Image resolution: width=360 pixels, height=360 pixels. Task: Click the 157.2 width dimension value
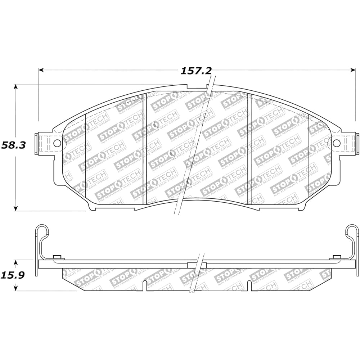[196, 71]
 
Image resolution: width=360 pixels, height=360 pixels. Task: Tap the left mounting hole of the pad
[57, 143]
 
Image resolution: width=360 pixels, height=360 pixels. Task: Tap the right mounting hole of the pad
[337, 143]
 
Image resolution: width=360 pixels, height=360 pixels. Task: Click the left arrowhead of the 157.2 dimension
[41, 70]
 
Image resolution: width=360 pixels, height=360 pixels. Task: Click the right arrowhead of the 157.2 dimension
[353, 70]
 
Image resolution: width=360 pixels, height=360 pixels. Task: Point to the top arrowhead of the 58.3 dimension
[15, 87]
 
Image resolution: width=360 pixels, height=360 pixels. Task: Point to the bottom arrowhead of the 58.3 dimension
[15, 208]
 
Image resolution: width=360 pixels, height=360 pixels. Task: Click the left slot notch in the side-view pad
[144, 285]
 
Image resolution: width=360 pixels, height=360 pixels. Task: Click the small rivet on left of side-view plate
[57, 257]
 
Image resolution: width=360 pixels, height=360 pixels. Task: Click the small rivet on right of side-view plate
[337, 257]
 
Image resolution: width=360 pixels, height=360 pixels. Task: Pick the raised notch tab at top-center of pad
[198, 87]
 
